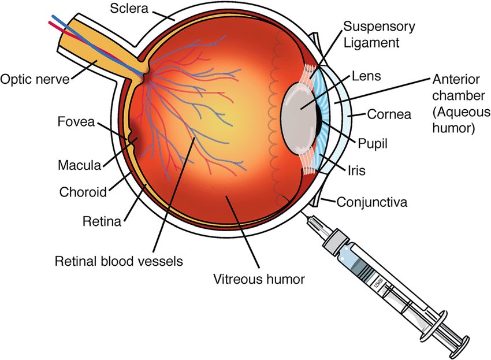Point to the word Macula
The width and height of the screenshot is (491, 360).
pyautogui.click(x=79, y=165)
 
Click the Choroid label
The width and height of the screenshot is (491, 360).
pyautogui.click(x=82, y=191)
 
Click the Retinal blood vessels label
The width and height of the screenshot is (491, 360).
pyautogui.click(x=118, y=261)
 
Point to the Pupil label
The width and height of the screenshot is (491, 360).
pyautogui.click(x=373, y=142)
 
